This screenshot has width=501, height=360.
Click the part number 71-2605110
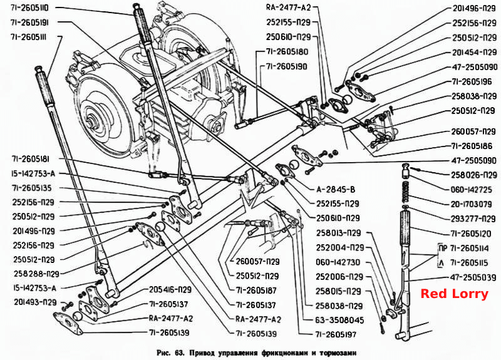click(x=29, y=8)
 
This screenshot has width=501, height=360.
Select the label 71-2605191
click(x=29, y=23)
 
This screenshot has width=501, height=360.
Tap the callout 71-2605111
click(x=28, y=37)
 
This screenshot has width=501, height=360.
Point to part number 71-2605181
click(x=31, y=159)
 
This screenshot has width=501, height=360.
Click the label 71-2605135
click(x=32, y=188)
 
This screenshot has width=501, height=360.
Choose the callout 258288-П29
click(x=36, y=274)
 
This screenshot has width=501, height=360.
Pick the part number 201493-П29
click(x=35, y=302)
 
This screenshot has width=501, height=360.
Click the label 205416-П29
click(x=170, y=290)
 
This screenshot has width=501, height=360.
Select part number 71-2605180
click(x=287, y=52)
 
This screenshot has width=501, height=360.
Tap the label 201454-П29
click(x=475, y=52)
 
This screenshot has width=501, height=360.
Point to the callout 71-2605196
click(x=472, y=81)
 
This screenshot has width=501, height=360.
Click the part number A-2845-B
click(x=336, y=190)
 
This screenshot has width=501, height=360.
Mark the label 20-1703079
click(x=471, y=204)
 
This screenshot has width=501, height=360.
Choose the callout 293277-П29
click(x=473, y=219)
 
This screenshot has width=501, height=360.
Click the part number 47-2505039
click(x=473, y=277)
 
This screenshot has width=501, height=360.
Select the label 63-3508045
click(x=339, y=320)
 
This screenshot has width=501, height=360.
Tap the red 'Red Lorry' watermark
click(x=455, y=294)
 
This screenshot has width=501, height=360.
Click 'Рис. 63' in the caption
click(x=170, y=353)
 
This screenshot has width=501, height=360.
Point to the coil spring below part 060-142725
click(x=405, y=192)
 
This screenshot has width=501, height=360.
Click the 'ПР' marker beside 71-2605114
click(x=443, y=248)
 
